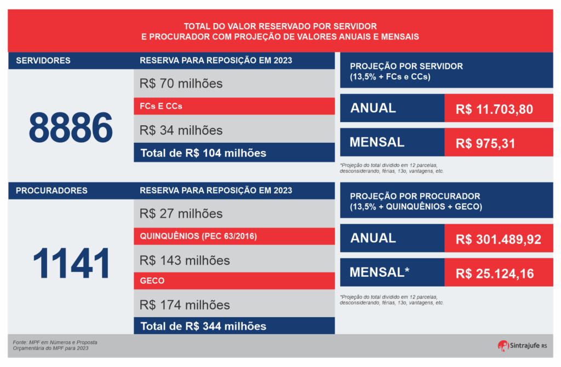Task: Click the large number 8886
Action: click(x=71, y=127)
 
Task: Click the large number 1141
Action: click(x=71, y=263)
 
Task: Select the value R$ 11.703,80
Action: click(x=494, y=109)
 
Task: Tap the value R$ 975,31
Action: click(x=486, y=144)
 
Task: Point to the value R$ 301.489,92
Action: click(x=498, y=240)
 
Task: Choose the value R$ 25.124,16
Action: click(x=495, y=273)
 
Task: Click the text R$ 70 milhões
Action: click(x=181, y=84)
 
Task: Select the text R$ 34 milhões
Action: click(x=181, y=130)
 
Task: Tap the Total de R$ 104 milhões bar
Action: click(x=234, y=153)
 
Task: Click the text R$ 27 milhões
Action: click(x=181, y=213)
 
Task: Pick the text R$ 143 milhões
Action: click(x=185, y=260)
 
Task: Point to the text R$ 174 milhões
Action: click(x=185, y=305)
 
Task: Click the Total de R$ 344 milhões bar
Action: click(x=234, y=326)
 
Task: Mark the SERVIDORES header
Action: click(x=43, y=61)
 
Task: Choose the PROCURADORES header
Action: click(x=51, y=191)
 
